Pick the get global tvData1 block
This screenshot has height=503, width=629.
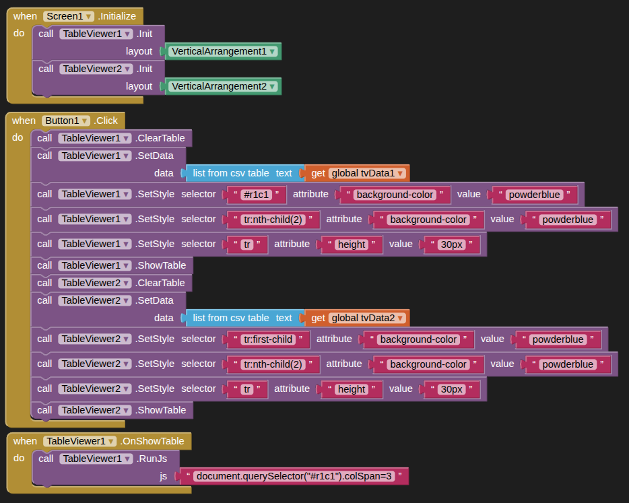click(358, 173)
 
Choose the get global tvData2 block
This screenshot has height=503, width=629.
click(358, 318)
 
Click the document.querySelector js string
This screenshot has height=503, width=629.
click(294, 477)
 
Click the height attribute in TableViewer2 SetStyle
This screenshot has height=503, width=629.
click(352, 389)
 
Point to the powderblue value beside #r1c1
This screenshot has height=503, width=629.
click(534, 195)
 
